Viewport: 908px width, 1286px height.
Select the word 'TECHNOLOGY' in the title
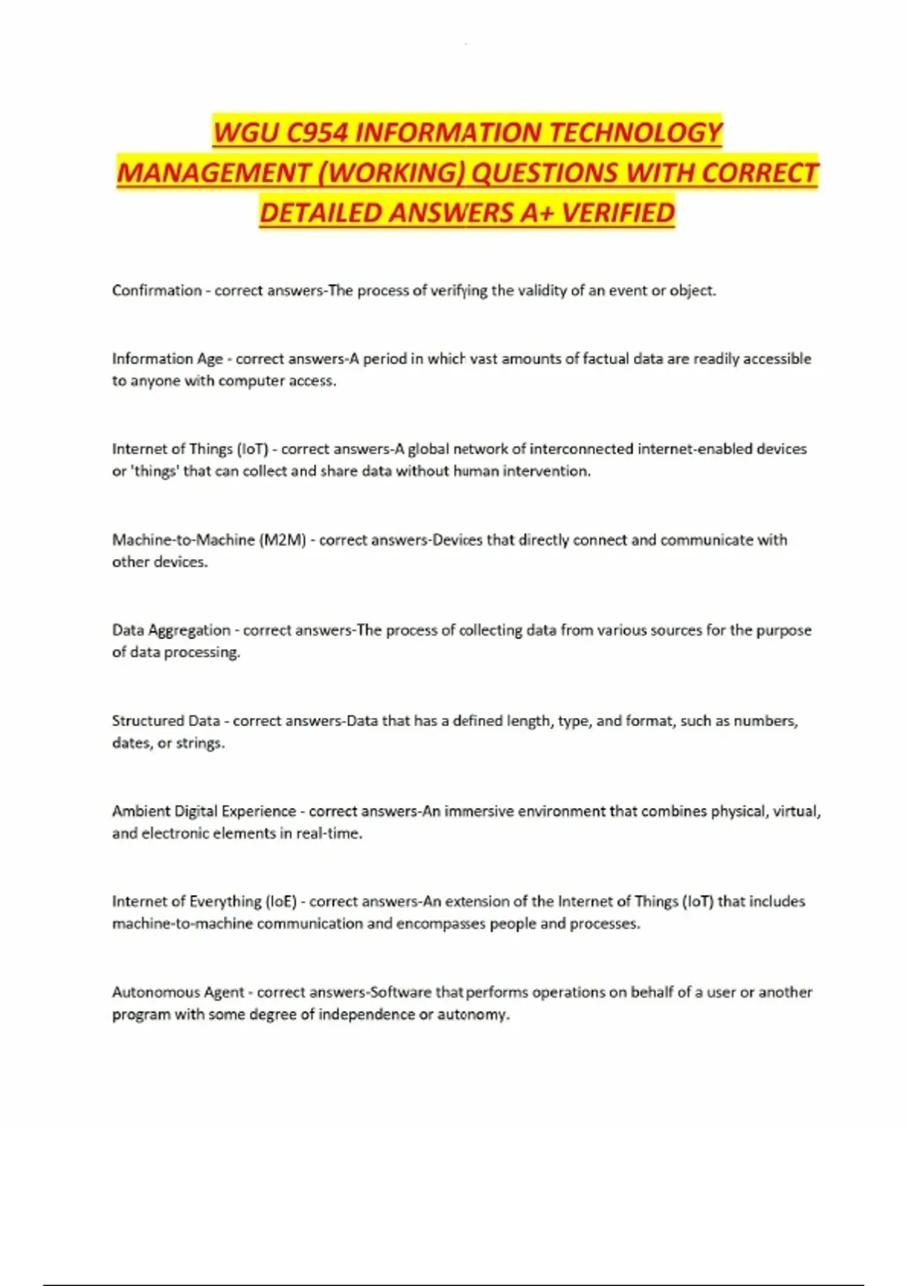635,133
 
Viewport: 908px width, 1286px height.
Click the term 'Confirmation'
157,290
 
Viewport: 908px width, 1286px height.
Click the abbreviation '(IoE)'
281,902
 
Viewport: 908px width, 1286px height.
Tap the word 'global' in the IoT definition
428,449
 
